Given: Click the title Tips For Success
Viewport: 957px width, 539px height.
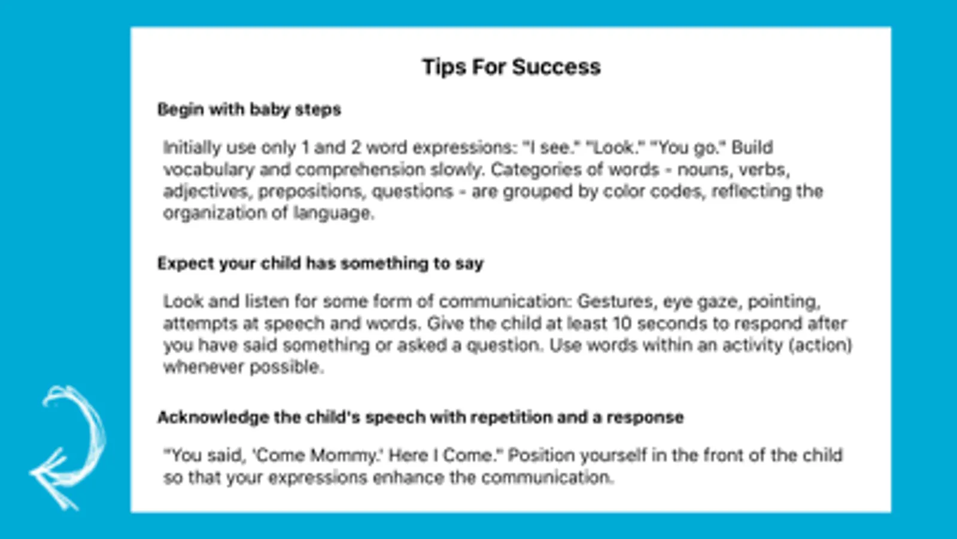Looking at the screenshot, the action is tap(511, 67).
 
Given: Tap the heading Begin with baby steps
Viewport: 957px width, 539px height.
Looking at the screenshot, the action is tap(249, 110).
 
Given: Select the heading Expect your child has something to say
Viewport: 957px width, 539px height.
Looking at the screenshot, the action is tap(320, 264).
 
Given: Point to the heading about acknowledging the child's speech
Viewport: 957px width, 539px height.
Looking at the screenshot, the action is tap(421, 417).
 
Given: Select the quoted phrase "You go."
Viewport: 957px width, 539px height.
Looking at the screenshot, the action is tap(688, 148).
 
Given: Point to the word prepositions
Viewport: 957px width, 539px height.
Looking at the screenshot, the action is tap(312, 192).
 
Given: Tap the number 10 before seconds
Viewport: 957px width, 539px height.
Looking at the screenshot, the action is tap(622, 323).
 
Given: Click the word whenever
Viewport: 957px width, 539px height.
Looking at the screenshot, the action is tap(204, 367).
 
